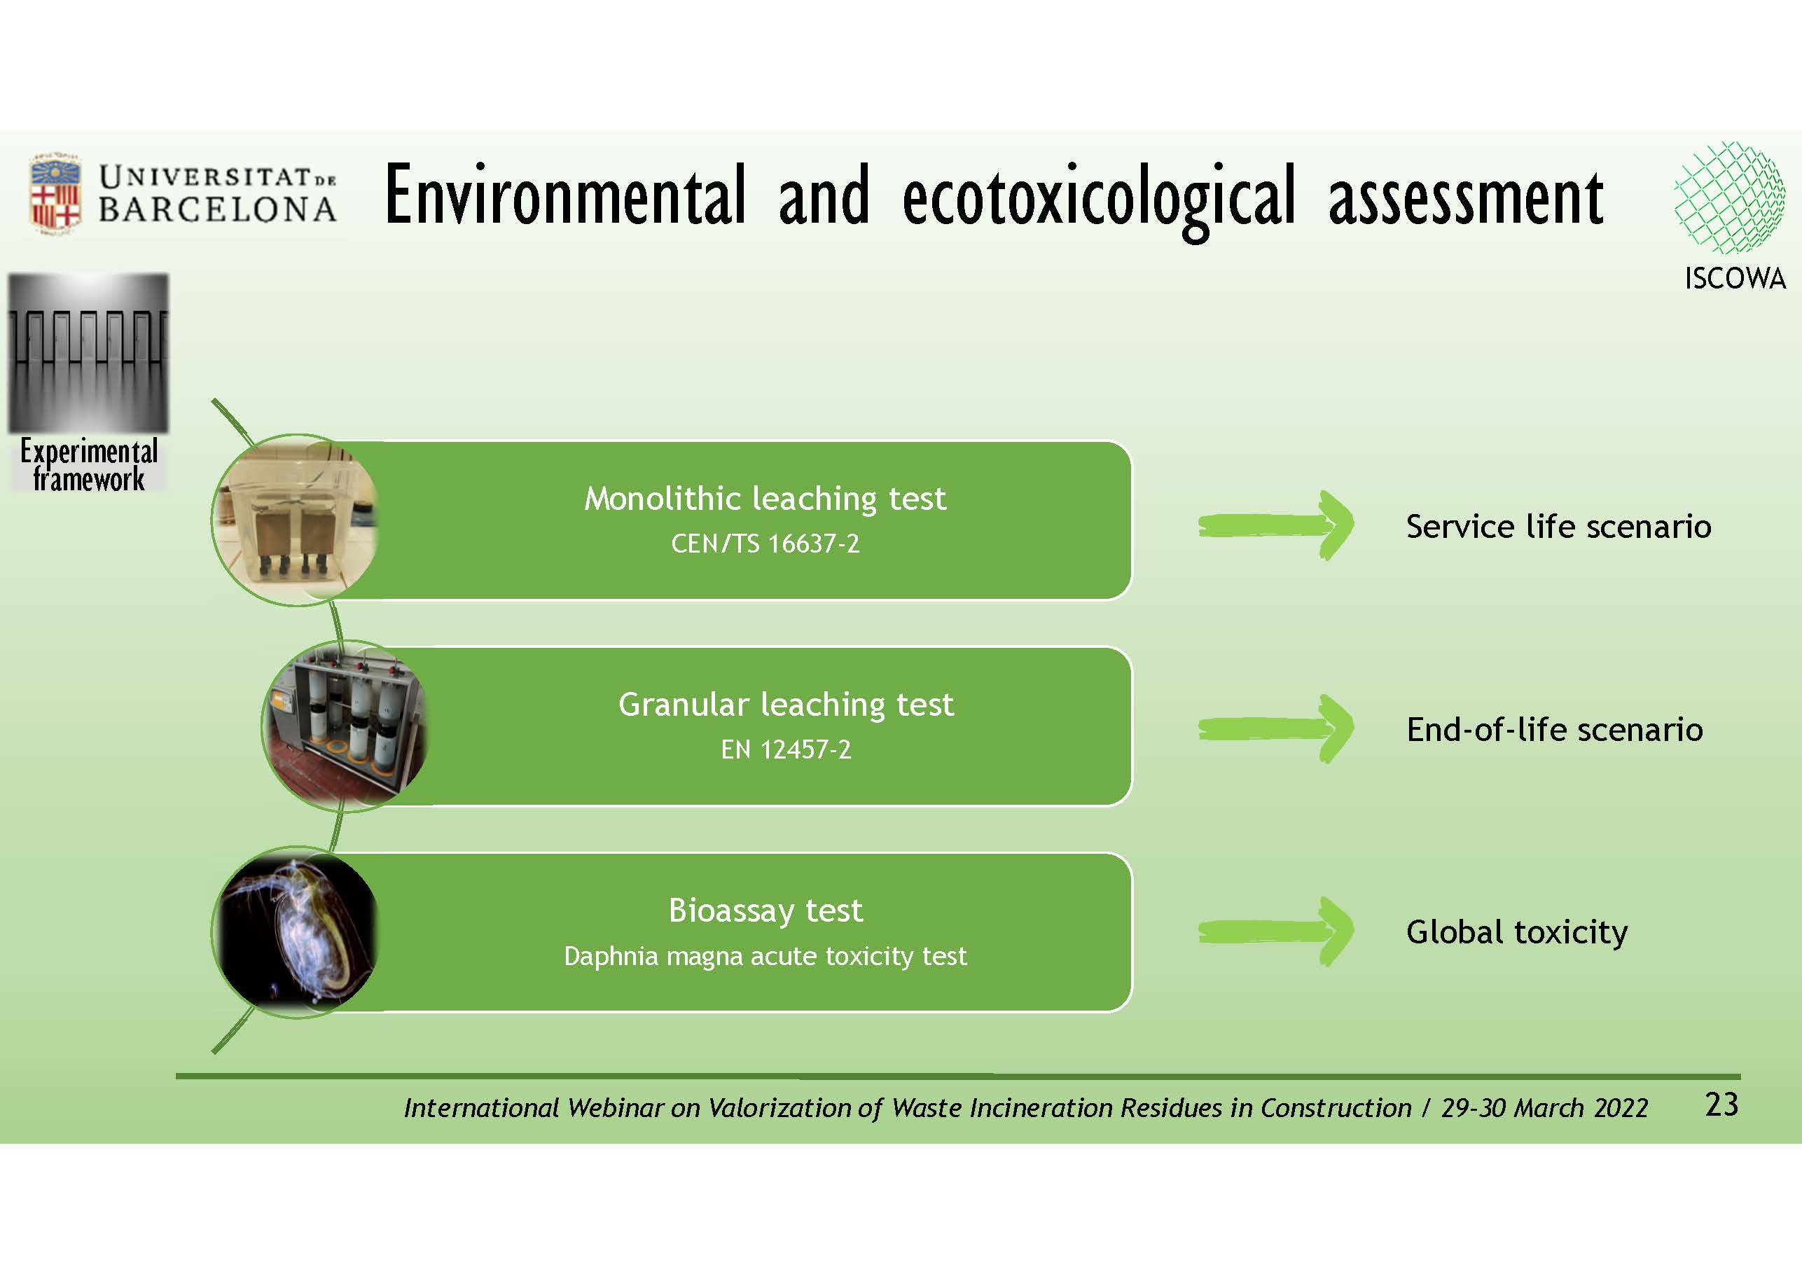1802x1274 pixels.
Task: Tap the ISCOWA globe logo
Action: (1728, 197)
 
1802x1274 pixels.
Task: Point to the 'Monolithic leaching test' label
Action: (765, 499)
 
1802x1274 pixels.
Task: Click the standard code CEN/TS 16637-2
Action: (765, 543)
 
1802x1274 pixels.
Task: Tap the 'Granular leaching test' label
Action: (786, 704)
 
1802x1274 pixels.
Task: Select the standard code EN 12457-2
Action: (786, 749)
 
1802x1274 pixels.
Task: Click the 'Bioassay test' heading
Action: (765, 911)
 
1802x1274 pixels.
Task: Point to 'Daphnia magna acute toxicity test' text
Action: (765, 956)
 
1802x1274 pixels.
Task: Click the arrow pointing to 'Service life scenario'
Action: (1275, 525)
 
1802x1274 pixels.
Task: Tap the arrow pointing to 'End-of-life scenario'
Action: (1275, 728)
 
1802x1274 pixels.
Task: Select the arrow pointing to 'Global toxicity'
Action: (1275, 932)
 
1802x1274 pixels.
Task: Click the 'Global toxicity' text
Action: (1516, 932)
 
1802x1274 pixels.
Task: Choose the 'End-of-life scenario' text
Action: (1554, 729)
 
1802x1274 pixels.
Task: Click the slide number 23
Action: (1721, 1105)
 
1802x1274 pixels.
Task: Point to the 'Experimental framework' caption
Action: (89, 464)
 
